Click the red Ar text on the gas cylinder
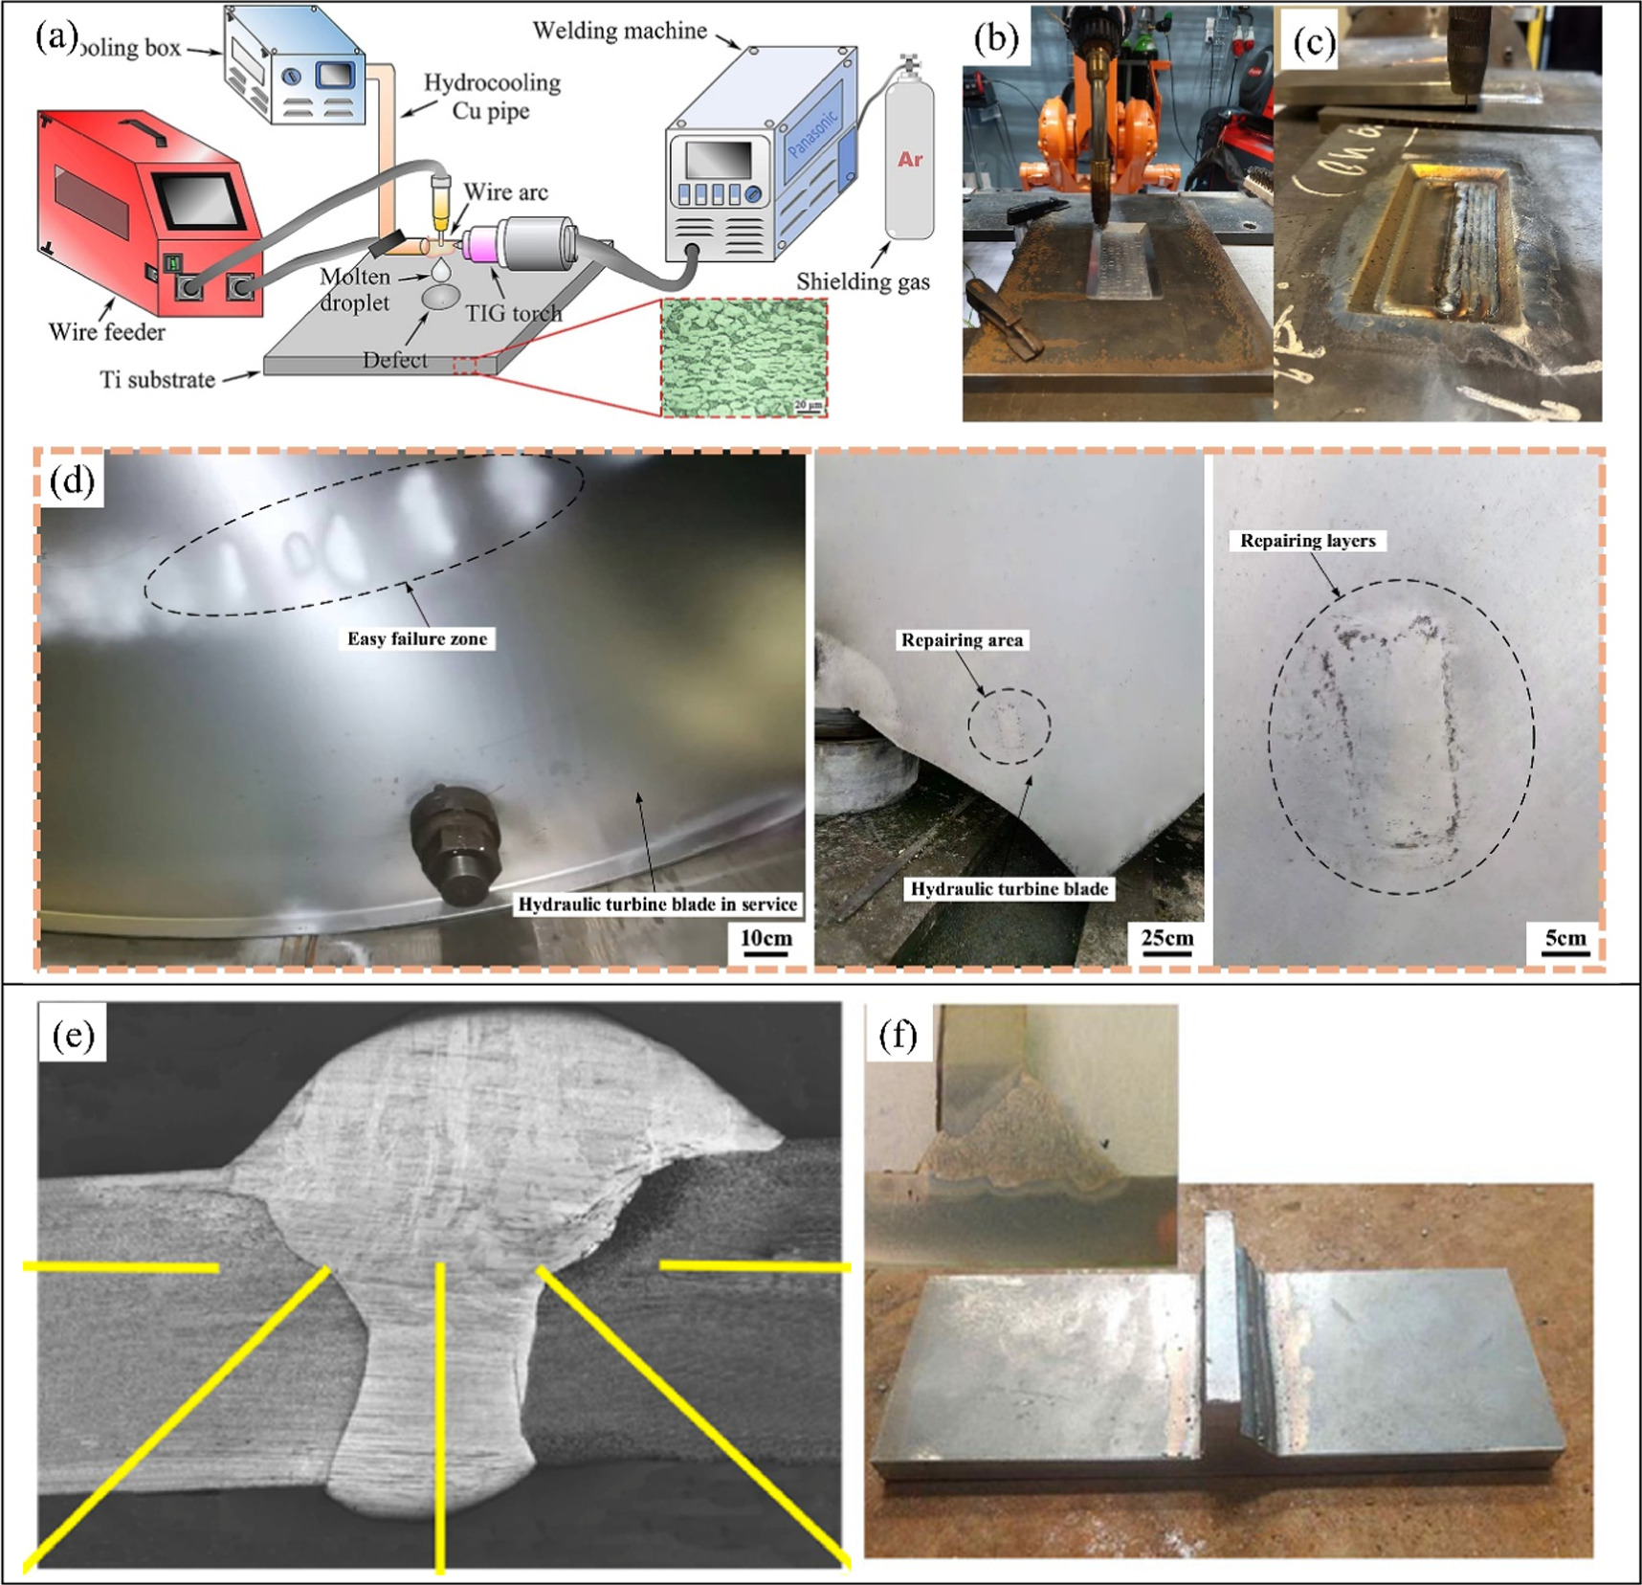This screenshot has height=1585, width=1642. tap(909, 159)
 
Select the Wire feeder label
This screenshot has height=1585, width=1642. tap(107, 332)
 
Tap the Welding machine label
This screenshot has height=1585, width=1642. tap(620, 31)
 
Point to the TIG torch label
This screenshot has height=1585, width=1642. tap(514, 313)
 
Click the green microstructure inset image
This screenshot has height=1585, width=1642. tap(743, 358)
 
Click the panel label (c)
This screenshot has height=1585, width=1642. tap(1314, 42)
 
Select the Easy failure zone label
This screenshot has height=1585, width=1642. tap(417, 638)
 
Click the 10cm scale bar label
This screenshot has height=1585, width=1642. tap(766, 938)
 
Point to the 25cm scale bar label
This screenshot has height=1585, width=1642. tap(1167, 938)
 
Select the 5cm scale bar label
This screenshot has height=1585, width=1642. tap(1565, 938)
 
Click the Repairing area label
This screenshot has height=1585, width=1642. tap(962, 640)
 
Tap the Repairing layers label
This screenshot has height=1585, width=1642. tap(1308, 541)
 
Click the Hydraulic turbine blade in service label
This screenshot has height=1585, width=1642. tap(657, 904)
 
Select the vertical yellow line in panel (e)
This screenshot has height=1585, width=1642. tap(440, 1417)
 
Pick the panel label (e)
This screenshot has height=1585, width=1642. tap(74, 1035)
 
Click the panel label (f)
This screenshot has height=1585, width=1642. tap(898, 1035)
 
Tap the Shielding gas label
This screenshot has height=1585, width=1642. tap(863, 281)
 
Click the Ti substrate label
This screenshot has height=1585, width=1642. tap(158, 380)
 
